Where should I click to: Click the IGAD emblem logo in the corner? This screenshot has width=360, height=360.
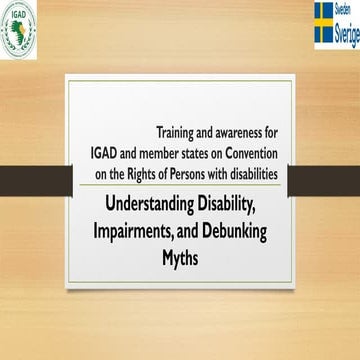[18, 27]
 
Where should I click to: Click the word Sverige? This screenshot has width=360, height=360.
[337, 31]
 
